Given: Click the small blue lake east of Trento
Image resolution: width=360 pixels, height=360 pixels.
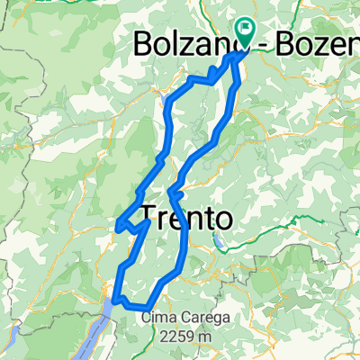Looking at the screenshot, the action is tap(218, 243).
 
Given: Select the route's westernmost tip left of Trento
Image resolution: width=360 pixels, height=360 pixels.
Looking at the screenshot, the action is tap(118, 224).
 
